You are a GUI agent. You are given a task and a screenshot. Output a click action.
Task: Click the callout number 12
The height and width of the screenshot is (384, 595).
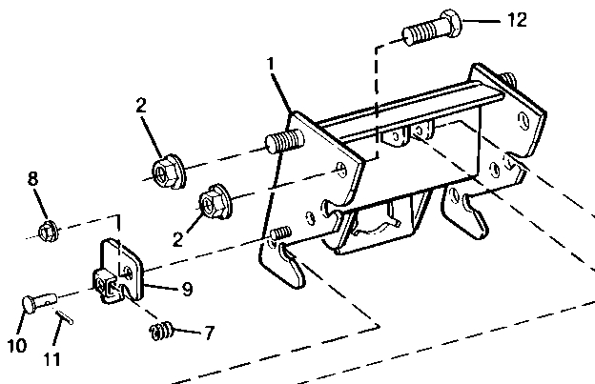click(517, 20)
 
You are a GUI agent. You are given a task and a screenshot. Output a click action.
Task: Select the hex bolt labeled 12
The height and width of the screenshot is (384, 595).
click(432, 28)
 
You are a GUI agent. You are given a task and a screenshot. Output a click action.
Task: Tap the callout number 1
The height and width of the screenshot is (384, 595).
click(270, 63)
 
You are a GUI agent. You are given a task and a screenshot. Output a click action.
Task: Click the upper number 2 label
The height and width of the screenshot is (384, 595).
click(141, 105)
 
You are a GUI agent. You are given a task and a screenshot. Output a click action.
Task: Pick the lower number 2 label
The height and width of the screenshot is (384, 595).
click(177, 239)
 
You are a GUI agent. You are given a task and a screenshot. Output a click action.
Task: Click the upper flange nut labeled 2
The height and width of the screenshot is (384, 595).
click(168, 172)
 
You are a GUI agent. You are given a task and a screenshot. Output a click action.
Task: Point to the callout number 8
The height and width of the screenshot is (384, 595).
click(33, 178)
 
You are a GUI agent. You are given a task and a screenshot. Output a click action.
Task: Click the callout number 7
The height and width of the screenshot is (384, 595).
click(210, 333)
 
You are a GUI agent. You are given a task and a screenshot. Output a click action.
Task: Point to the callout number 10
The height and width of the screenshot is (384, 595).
click(17, 346)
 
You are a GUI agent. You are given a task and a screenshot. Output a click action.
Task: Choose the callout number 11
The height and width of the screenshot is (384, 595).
click(52, 359)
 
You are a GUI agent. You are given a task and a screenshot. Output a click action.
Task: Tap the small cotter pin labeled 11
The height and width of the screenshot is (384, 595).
click(65, 317)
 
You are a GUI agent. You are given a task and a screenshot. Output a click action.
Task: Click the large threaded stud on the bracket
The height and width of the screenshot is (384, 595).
click(284, 141)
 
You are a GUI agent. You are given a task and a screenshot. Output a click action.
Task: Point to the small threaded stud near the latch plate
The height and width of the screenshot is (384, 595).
click(280, 232)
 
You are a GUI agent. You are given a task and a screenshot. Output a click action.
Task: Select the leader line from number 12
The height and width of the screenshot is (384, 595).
click(482, 21)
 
